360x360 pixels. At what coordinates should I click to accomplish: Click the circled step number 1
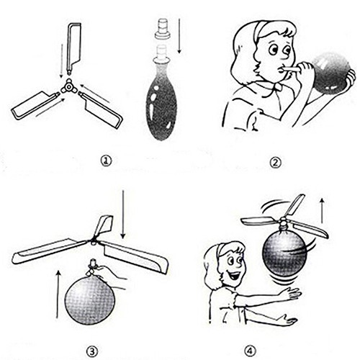point(106,161)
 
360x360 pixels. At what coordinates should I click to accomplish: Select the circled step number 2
point(276,163)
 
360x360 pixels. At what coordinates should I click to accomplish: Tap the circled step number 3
point(92,352)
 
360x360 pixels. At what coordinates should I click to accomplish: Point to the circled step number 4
point(250,351)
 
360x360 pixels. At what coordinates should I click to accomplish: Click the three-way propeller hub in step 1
point(69,88)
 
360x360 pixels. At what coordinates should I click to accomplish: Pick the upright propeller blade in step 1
point(74,48)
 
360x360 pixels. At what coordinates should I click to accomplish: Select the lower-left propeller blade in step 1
point(35,105)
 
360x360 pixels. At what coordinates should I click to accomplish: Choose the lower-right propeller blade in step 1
point(100,109)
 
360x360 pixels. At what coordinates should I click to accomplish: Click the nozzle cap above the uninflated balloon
point(163,30)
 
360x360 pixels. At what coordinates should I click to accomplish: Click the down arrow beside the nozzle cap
point(179,36)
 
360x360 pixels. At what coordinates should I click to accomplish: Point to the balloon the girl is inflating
point(333,71)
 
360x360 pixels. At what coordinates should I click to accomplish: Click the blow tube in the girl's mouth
point(290,69)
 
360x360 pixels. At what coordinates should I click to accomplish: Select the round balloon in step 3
point(90,300)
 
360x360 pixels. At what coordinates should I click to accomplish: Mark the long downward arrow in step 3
point(123,214)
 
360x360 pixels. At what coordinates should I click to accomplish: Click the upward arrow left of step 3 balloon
point(58,294)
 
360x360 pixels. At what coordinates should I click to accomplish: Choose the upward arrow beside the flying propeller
point(323,210)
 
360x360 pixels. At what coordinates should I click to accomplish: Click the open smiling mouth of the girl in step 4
point(236,275)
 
